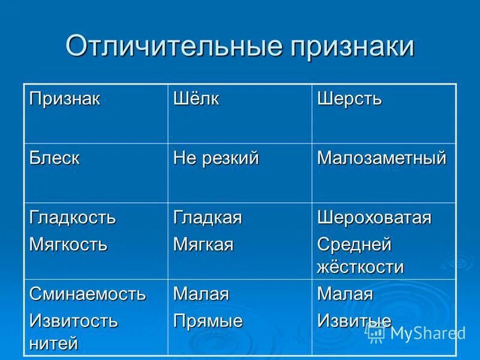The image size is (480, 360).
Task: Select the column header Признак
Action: click(x=65, y=99)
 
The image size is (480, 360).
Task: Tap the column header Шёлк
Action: click(x=196, y=99)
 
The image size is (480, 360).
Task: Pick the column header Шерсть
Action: click(x=349, y=99)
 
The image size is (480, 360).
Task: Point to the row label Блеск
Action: click(x=55, y=158)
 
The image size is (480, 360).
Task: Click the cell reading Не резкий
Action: click(x=216, y=158)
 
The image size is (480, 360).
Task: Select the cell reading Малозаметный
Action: click(x=382, y=158)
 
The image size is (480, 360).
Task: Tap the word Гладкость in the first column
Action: click(x=73, y=218)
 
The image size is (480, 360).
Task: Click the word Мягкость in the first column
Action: click(x=69, y=245)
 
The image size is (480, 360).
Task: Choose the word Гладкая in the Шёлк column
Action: click(x=208, y=218)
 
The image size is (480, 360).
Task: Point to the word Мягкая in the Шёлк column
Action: click(x=203, y=245)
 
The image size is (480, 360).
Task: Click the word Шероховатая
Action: click(x=374, y=218)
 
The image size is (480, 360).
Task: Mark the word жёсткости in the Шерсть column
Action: click(x=360, y=267)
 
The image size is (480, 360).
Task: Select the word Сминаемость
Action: click(x=88, y=294)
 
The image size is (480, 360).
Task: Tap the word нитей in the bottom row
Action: click(x=54, y=343)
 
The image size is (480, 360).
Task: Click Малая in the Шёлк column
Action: click(x=201, y=294)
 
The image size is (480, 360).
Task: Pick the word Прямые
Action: click(x=208, y=321)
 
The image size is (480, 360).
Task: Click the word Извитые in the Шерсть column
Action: click(x=354, y=321)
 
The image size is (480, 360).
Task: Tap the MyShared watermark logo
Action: click(x=416, y=333)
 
